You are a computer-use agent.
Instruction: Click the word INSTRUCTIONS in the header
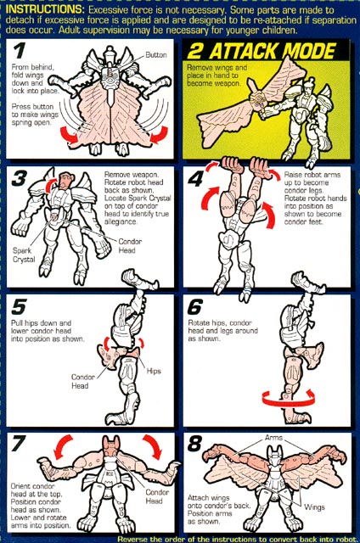click(x=44, y=9)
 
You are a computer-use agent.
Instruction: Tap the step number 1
click(x=20, y=51)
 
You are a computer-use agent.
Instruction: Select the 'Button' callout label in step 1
click(x=156, y=54)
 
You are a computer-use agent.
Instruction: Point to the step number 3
click(x=20, y=179)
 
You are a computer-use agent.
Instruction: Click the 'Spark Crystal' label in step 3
click(x=24, y=255)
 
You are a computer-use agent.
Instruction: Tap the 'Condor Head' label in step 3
click(x=130, y=246)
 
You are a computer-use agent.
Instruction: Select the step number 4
click(x=196, y=179)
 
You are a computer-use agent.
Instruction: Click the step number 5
click(x=19, y=306)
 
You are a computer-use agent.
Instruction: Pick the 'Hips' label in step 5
click(x=154, y=371)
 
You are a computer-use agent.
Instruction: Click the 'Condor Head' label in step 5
click(x=82, y=381)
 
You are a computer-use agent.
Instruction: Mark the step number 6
click(x=195, y=306)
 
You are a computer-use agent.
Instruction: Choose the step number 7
click(x=19, y=444)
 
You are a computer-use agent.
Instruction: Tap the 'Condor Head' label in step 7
click(x=157, y=496)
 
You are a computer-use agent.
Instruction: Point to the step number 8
click(x=195, y=444)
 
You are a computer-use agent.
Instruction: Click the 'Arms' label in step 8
click(x=273, y=438)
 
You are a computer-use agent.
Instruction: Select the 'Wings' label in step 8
click(x=315, y=507)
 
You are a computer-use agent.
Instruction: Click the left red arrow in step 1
click(x=70, y=135)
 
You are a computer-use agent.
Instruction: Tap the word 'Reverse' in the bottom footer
click(x=130, y=539)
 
